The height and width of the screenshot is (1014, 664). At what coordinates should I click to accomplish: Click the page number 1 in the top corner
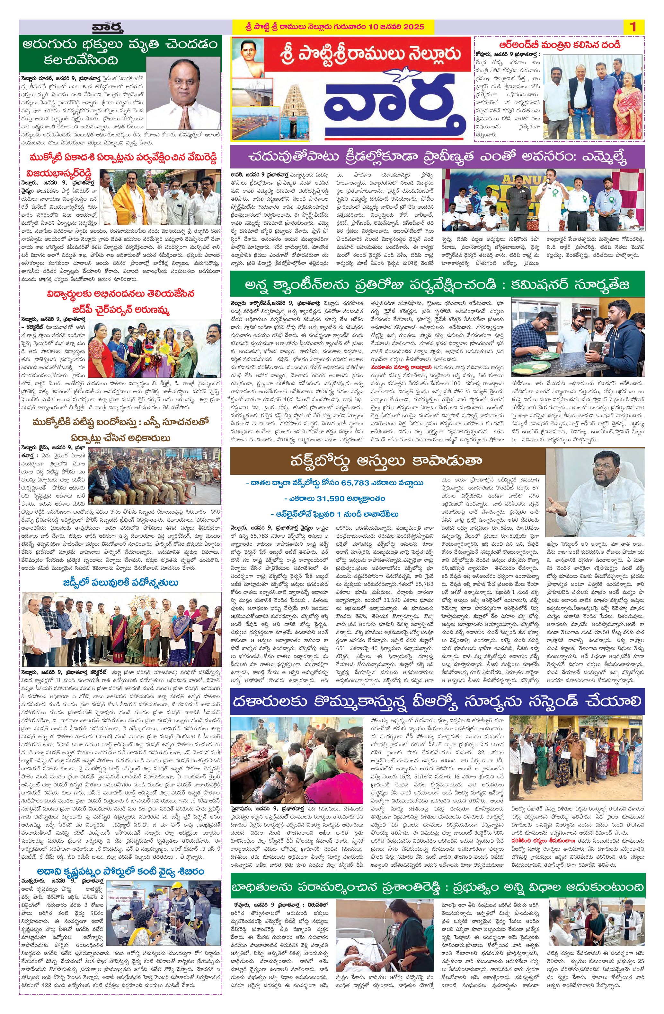tap(633, 27)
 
